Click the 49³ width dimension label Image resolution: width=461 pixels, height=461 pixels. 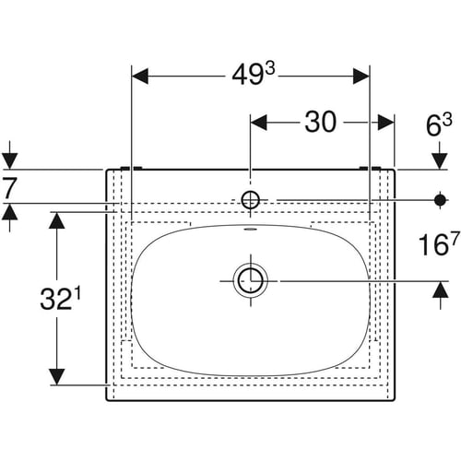pos(253,75)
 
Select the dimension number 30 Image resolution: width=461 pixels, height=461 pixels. pos(321,123)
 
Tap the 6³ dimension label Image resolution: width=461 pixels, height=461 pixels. pos(439,125)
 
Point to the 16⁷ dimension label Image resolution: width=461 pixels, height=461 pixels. pos(439,244)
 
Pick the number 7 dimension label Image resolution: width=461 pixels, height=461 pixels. pos(8,189)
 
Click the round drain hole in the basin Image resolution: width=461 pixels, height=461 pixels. pos(251,280)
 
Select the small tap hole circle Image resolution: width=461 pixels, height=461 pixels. pos(251,200)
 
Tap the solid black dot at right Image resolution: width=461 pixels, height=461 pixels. pos(440,200)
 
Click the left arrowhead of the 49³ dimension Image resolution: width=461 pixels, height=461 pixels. pos(140,76)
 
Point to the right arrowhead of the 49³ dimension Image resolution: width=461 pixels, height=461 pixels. pos(361,76)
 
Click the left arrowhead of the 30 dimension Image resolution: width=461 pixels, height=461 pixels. pos(259,123)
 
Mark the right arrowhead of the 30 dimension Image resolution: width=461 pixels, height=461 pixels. pos(386,123)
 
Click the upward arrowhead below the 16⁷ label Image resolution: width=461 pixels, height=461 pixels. pos(440,290)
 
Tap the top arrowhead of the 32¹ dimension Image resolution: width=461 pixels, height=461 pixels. pos(56,220)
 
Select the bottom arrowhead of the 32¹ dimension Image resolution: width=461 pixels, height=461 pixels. pos(56,376)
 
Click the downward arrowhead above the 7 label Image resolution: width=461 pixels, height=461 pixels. pos(9,160)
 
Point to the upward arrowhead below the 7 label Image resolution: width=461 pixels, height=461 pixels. pos(9,212)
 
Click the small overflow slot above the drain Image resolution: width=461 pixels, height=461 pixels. pos(250,229)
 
